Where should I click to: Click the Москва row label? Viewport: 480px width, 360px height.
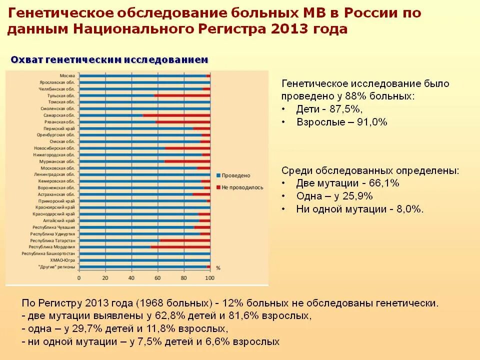(x=67, y=75)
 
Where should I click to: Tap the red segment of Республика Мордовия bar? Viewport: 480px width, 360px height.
(x=180, y=247)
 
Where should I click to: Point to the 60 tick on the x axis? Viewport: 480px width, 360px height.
(x=158, y=277)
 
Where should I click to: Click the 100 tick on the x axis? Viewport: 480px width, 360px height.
(x=210, y=277)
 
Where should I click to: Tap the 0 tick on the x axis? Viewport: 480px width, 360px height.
(x=79, y=277)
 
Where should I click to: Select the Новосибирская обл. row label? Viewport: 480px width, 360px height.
(x=54, y=148)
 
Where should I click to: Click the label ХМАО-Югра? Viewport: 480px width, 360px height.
(x=62, y=260)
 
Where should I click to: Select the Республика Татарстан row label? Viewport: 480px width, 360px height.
(x=53, y=240)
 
